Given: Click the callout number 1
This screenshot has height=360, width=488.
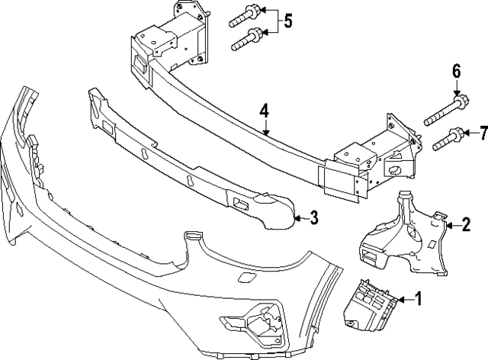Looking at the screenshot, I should pos(418,298).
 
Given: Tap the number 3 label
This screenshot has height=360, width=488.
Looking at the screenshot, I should pos(313,219).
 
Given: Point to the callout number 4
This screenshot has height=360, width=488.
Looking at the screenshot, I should pos(263,111).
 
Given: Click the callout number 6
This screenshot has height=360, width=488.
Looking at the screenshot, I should pos(456,72).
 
